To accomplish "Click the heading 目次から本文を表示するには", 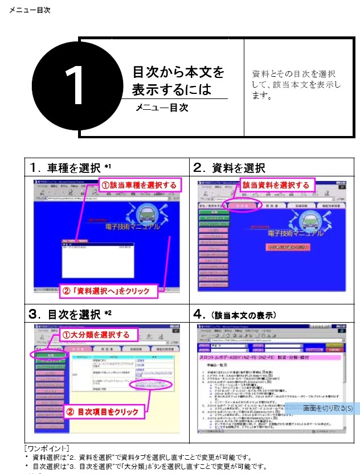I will [x=178, y=81].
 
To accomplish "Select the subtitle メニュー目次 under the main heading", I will [x=162, y=108].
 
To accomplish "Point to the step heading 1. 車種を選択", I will [x=71, y=167].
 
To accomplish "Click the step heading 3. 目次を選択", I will [x=71, y=314].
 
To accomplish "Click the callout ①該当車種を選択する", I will [x=140, y=185].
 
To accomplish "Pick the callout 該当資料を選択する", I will [x=276, y=185].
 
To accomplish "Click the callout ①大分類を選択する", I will [x=96, y=335].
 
